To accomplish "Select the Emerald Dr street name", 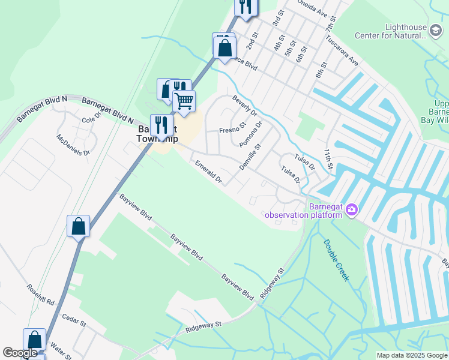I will coord(208,172).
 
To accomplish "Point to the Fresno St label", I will coord(233,130).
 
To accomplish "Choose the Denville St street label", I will coord(250,156).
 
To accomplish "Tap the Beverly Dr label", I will coord(244,106).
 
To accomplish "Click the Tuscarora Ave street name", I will coord(342,53).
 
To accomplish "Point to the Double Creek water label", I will coord(336,260).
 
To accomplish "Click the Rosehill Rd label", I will coord(40,293).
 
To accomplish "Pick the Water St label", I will coord(61,349).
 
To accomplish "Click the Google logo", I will coord(20,353).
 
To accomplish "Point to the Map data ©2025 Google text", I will coord(411,355).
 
